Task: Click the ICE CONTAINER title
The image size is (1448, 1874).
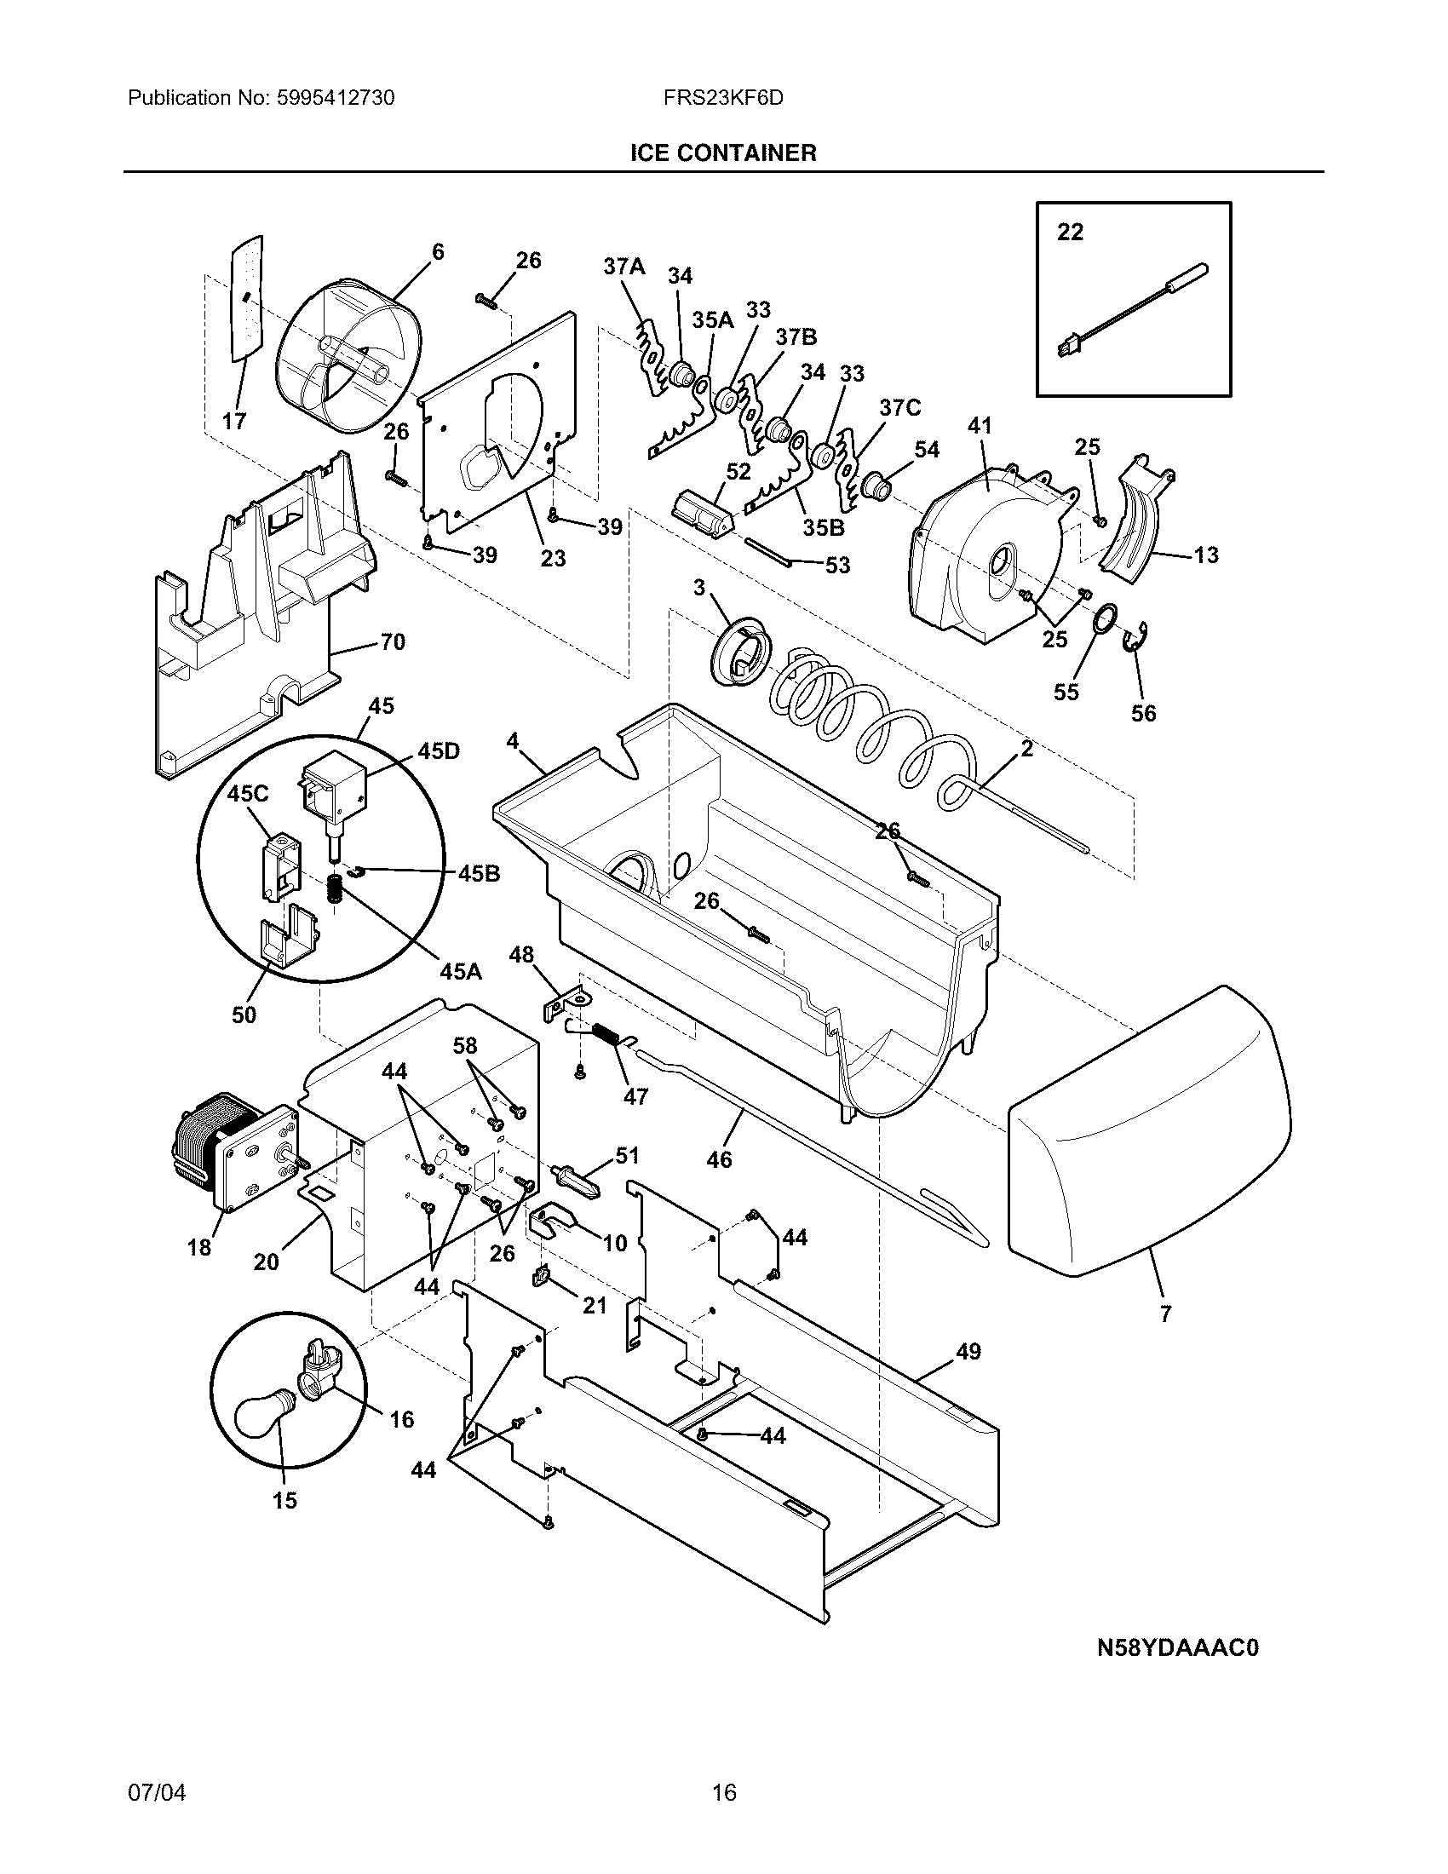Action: (723, 152)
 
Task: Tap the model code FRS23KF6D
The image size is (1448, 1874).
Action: (722, 98)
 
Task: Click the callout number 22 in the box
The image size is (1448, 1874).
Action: (1070, 232)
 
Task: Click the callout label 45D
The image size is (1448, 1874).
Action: (438, 750)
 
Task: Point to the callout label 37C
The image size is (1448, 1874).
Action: (899, 407)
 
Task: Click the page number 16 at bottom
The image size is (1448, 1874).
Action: (724, 1791)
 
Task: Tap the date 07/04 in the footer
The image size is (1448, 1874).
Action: (156, 1791)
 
